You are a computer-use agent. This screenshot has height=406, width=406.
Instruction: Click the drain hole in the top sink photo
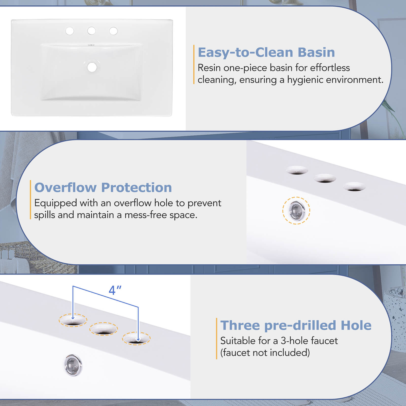pyautogui.click(x=92, y=67)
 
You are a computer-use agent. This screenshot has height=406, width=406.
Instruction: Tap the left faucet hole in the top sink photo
pyautogui.click(x=70, y=31)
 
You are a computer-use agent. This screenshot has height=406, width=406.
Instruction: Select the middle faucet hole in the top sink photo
pyautogui.click(x=91, y=31)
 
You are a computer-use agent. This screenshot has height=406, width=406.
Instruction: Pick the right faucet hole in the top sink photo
pyautogui.click(x=113, y=31)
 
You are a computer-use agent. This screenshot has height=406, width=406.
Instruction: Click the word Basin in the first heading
pyautogui.click(x=316, y=52)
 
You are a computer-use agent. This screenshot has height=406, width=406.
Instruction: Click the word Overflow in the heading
pyautogui.click(x=65, y=188)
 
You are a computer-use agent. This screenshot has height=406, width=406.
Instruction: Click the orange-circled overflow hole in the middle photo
pyautogui.click(x=296, y=210)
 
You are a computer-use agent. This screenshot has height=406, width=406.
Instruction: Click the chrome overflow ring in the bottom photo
pyautogui.click(x=73, y=365)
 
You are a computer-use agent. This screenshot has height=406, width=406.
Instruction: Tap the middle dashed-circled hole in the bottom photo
pyautogui.click(x=103, y=329)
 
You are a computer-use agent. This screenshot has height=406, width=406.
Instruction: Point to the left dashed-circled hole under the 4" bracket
pyautogui.click(x=73, y=320)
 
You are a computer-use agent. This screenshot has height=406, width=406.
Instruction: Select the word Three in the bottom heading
pyautogui.click(x=240, y=325)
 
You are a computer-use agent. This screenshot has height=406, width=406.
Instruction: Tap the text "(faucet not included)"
pyautogui.click(x=265, y=353)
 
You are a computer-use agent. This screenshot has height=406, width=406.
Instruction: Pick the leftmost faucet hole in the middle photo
pyautogui.click(x=297, y=170)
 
